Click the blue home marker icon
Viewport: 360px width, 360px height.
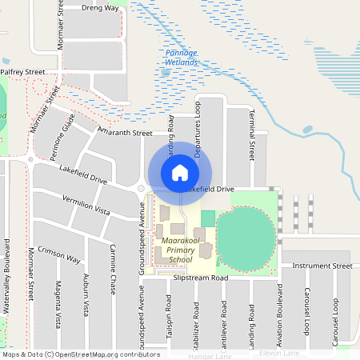pyautogui.click(x=180, y=173)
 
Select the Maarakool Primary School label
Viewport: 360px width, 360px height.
pyautogui.click(x=176, y=250)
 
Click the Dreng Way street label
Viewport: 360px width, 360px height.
pyautogui.click(x=100, y=7)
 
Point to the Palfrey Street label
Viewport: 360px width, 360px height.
pyautogui.click(x=22, y=72)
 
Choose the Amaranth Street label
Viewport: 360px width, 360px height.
pyautogui.click(x=124, y=133)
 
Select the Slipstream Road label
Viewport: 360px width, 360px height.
pyautogui.click(x=201, y=278)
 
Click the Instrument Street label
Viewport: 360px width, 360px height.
pyautogui.click(x=322, y=266)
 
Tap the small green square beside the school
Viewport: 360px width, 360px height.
pyautogui.click(x=208, y=218)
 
